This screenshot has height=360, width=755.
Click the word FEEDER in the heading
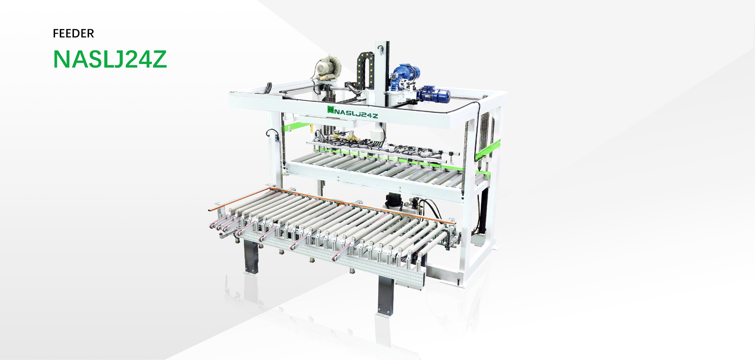pyautogui.click(x=74, y=33)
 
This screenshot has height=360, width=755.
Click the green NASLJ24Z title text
pyautogui.click(x=110, y=59)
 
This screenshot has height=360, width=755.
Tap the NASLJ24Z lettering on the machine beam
pyautogui.click(x=356, y=113)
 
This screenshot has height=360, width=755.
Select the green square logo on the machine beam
pyautogui.click(x=331, y=109)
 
